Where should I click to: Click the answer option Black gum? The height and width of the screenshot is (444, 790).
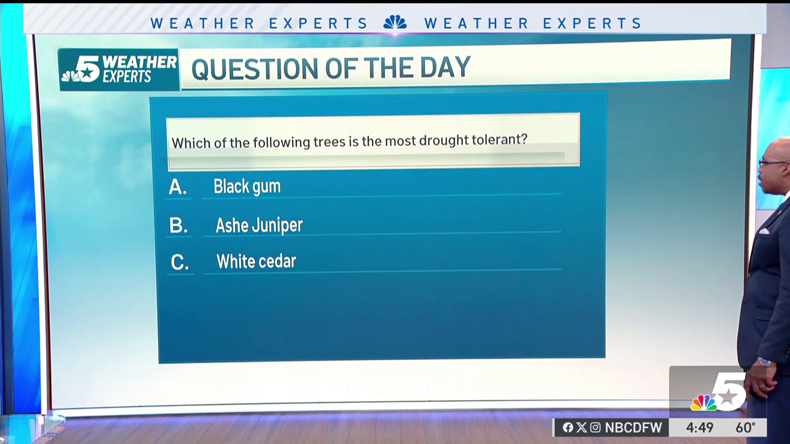coord(247,187)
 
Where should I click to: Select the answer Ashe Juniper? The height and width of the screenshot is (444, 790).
coord(259,225)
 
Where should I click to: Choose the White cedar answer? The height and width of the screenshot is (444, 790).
coord(256,261)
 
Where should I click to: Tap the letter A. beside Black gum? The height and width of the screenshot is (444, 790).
coord(178,187)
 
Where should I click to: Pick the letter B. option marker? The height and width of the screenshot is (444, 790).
coord(179,225)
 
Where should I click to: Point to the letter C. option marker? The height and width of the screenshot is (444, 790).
coord(180,262)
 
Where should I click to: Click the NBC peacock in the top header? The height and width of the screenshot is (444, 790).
coord(395,23)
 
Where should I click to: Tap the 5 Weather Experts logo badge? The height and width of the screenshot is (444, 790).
coord(119,70)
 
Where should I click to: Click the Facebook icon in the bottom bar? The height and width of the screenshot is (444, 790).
coord(568,428)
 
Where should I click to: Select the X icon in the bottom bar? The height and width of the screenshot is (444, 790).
coord(582,428)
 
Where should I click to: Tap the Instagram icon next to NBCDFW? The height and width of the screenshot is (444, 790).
coord(595,428)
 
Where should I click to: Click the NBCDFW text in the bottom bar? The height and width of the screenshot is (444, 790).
coord(633,428)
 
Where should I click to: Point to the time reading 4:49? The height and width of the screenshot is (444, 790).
coord(699,428)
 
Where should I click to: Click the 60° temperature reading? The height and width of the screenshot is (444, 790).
coord(746,428)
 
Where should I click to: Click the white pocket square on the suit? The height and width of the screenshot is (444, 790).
coord(764,231)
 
